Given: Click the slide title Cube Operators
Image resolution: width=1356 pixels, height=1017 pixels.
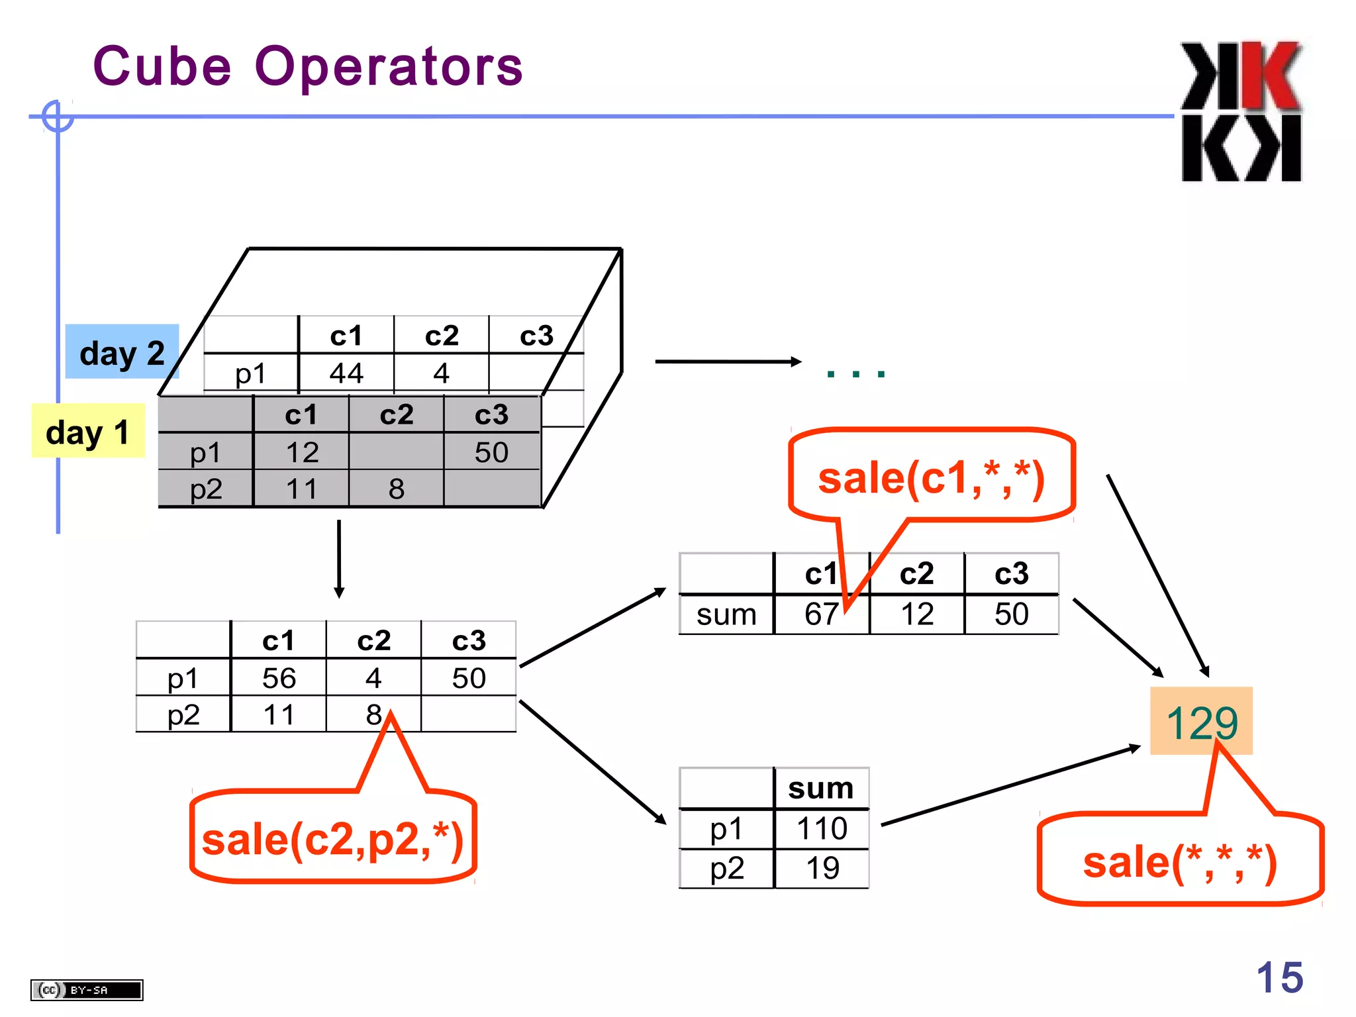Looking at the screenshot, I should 308,67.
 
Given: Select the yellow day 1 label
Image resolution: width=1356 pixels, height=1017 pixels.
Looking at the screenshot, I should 87,432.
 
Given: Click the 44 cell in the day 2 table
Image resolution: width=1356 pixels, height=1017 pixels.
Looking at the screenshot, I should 346,373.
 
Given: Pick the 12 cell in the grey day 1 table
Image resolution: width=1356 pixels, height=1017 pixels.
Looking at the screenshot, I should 302,453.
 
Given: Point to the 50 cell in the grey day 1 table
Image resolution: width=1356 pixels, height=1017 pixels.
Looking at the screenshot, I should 491,453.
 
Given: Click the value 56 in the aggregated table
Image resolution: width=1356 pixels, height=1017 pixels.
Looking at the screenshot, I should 279,678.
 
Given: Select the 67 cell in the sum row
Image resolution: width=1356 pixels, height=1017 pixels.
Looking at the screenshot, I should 821,614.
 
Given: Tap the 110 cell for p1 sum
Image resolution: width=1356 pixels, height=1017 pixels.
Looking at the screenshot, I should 822,829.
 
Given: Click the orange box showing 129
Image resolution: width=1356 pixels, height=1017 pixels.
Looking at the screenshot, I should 1201,721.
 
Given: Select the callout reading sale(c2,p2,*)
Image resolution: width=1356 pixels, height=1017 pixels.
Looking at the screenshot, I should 332,839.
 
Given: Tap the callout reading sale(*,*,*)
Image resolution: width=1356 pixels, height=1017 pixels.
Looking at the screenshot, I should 1179,862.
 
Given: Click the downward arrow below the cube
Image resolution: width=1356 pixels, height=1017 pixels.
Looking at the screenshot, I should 339,559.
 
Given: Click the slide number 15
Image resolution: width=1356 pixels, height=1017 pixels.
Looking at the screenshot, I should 1279,977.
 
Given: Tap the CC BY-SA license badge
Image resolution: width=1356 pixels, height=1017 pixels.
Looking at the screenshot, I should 87,990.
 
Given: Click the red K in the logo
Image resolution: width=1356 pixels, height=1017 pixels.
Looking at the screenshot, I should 1269,77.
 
